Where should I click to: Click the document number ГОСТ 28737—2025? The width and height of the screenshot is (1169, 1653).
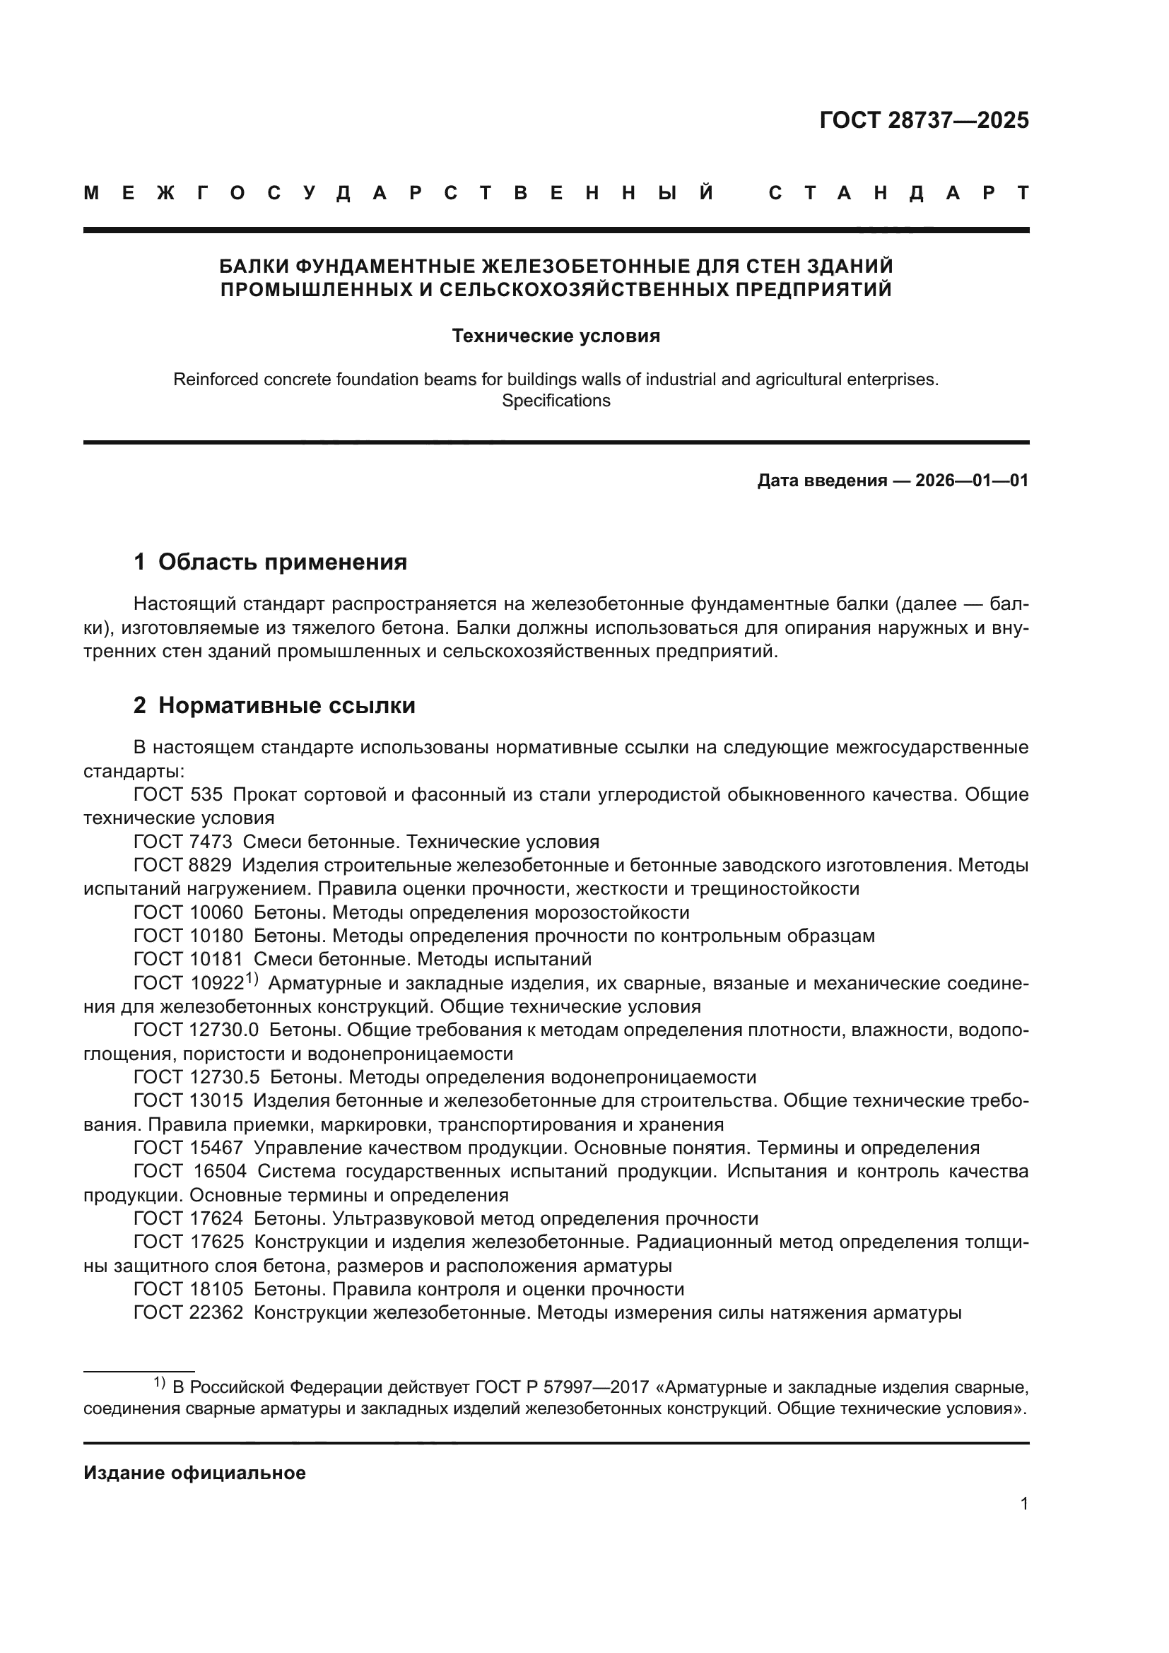(x=924, y=120)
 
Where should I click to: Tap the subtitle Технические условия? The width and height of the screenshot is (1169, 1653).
(x=556, y=336)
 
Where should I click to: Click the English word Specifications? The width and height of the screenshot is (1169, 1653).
(x=556, y=401)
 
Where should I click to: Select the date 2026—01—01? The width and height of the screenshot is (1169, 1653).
(x=972, y=480)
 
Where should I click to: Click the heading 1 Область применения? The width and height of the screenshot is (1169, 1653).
(x=270, y=563)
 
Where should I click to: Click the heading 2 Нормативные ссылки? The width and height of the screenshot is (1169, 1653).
(x=274, y=705)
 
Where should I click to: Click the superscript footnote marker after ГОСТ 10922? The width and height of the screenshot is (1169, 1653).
(x=251, y=978)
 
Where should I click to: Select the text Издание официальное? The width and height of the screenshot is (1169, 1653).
(x=194, y=1473)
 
